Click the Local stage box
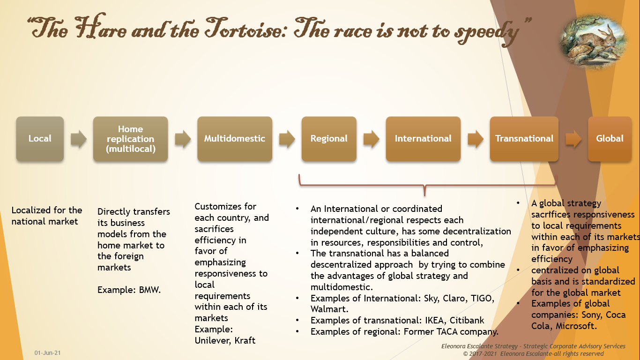pyautogui.click(x=40, y=139)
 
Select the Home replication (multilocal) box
pyautogui.click(x=130, y=139)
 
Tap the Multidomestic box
pyautogui.click(x=234, y=139)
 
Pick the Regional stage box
pyautogui.click(x=329, y=139)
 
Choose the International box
pyautogui.click(x=423, y=139)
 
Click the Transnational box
pyautogui.click(x=524, y=139)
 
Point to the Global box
pyautogui.click(x=610, y=139)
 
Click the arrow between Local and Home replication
pyautogui.click(x=79, y=139)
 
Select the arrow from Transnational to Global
pyautogui.click(x=573, y=139)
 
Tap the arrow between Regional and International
pyautogui.click(x=371, y=139)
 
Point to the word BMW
pyautogui.click(x=150, y=290)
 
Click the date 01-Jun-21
pyautogui.click(x=47, y=352)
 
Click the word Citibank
pyautogui.click(x=467, y=321)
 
